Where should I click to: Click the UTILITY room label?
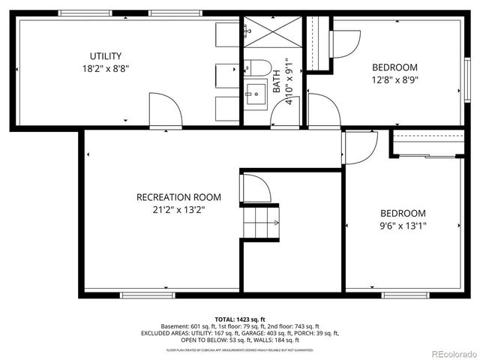click(x=106, y=56)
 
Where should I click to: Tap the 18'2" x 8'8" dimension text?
click(x=106, y=68)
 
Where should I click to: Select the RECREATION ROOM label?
click(x=178, y=197)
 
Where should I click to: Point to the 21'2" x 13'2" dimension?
click(x=178, y=210)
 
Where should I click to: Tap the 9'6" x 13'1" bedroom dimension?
click(x=402, y=225)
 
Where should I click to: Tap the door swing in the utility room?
click(x=165, y=111)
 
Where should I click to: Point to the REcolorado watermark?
click(x=452, y=353)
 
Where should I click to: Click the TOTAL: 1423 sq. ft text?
click(x=240, y=319)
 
